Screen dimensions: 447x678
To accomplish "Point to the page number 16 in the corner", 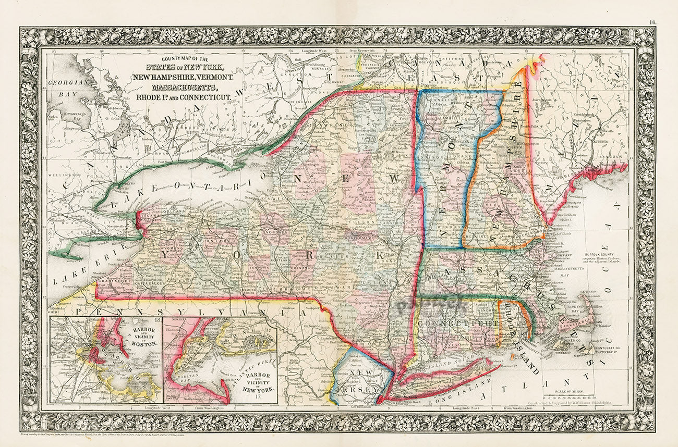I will point(653,22).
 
